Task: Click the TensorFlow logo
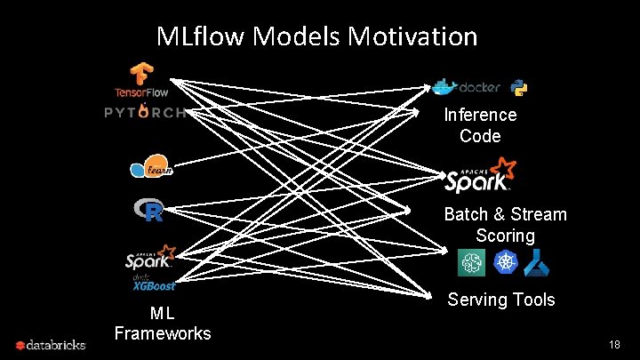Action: [140, 79]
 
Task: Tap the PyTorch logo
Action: [145, 112]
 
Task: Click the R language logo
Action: [148, 211]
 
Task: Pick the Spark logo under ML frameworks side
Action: [148, 260]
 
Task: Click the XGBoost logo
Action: [153, 284]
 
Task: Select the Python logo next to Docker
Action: [520, 87]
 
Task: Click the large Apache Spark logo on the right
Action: [480, 175]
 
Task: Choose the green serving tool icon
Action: [470, 261]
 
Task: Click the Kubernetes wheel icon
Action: [503, 261]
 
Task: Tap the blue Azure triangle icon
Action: [536, 261]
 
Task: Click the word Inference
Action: [480, 115]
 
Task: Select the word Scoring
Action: [505, 236]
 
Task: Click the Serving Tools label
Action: [500, 300]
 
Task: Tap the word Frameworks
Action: [163, 333]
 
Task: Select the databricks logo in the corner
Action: [51, 344]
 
